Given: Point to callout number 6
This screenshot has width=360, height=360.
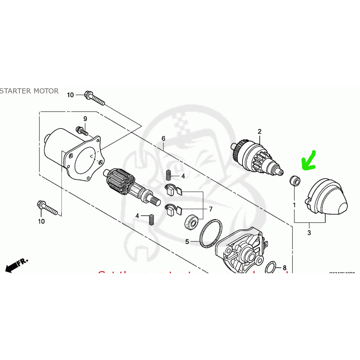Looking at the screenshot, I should pyautogui.click(x=163, y=138).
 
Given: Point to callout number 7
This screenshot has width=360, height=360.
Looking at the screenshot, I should pyautogui.click(x=211, y=209).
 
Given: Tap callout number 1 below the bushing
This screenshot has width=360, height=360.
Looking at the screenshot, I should pyautogui.click(x=294, y=204).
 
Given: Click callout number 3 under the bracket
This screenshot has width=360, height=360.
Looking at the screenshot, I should pyautogui.click(x=309, y=233).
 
